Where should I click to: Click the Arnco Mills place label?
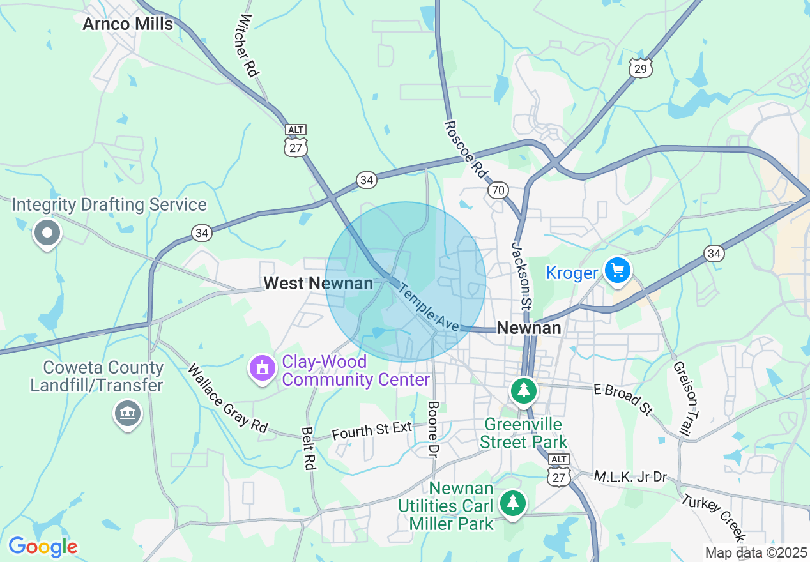[x=128, y=24]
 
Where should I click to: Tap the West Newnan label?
[x=318, y=283]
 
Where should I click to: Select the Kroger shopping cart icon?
[x=617, y=271]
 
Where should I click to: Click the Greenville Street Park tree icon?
[x=524, y=390]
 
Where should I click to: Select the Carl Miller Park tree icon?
[x=512, y=503]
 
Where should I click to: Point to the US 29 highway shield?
[x=640, y=68]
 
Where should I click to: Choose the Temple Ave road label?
[x=428, y=308]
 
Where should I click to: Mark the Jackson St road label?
[x=522, y=275]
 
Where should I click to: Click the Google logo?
[x=43, y=547]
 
